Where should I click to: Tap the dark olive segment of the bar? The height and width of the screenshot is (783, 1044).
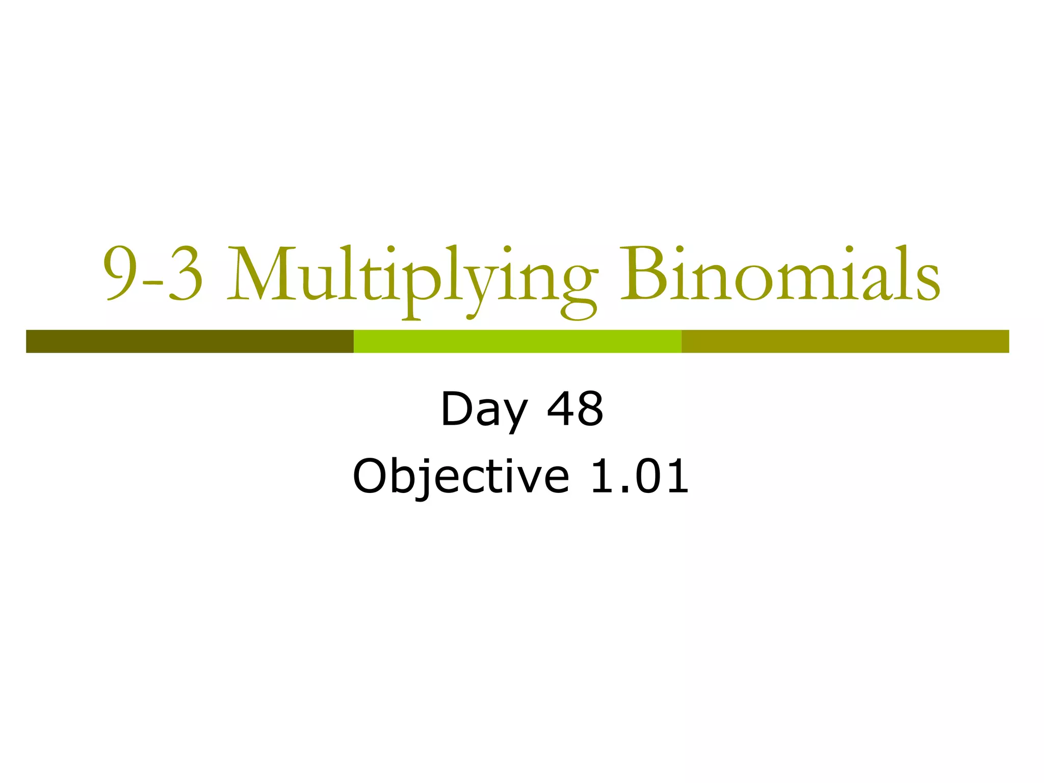coord(190,341)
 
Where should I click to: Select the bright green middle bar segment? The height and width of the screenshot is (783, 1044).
coord(517,341)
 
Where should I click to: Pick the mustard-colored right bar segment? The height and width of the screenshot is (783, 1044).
coord(845,341)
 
